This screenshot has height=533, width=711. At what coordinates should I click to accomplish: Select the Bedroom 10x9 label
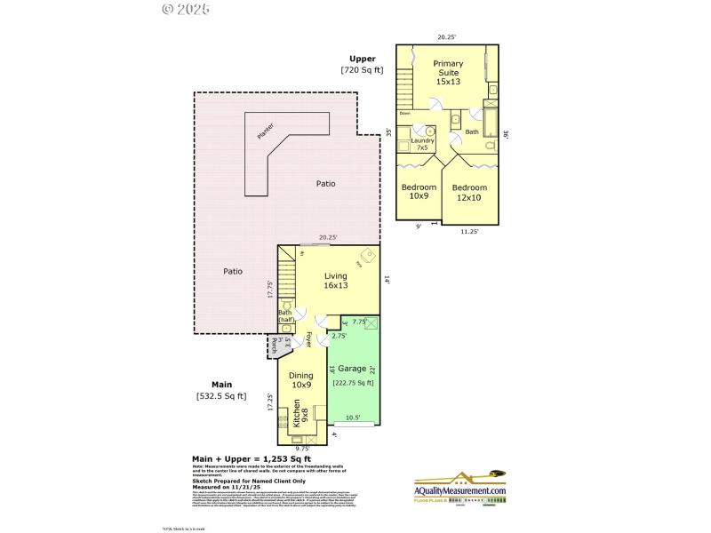click(x=419, y=192)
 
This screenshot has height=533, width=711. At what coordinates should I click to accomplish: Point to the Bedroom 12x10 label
click(x=469, y=193)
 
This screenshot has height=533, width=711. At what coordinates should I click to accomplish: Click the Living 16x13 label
click(x=335, y=280)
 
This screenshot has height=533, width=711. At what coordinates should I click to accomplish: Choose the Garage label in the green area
click(x=352, y=366)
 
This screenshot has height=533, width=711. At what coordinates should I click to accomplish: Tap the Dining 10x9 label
click(x=301, y=380)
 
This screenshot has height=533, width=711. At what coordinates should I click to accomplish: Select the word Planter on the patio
click(x=265, y=131)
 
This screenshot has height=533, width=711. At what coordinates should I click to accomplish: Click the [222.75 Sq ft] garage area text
click(x=353, y=383)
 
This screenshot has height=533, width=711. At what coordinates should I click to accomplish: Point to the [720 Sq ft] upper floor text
click(x=361, y=70)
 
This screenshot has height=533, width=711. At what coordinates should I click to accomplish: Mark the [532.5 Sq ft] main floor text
click(x=221, y=396)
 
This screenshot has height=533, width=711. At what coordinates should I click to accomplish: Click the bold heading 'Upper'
click(x=362, y=59)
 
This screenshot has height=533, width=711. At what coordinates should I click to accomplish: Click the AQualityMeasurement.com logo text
click(x=459, y=491)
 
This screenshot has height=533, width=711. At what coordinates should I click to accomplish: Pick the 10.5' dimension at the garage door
click(x=354, y=418)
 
